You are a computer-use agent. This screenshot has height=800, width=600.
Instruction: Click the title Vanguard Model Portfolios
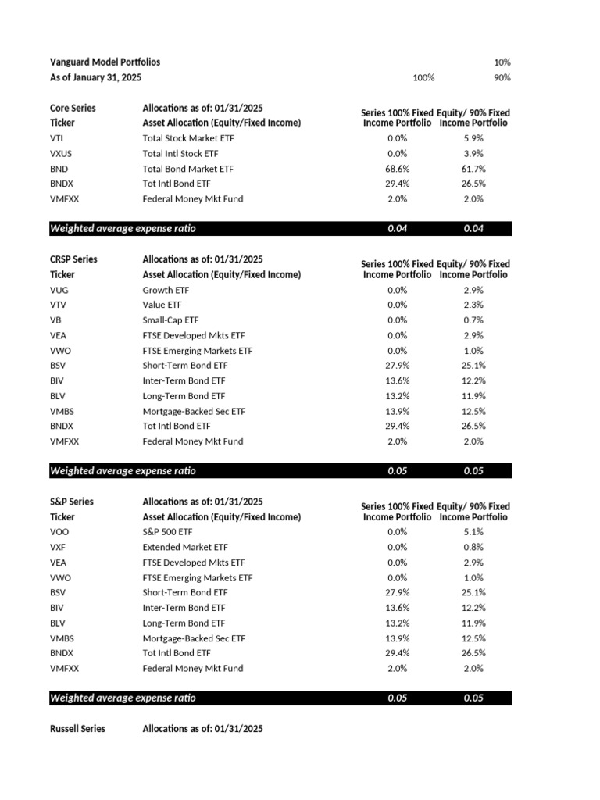105,62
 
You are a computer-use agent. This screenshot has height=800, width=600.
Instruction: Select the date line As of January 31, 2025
96,77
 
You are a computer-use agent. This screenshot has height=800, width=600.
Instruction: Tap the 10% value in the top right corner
502,62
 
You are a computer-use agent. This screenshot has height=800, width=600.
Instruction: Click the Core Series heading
73,108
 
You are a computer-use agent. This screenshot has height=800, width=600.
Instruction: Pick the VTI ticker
57,138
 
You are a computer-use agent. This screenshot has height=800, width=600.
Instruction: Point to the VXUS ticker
61,153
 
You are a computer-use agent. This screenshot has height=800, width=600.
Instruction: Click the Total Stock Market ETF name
187,138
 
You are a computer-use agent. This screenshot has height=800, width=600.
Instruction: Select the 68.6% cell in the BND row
398,169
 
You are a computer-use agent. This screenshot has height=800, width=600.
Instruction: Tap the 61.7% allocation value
473,169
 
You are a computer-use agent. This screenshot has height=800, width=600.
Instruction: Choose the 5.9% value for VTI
473,138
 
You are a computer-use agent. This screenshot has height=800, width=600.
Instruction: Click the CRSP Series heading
73,259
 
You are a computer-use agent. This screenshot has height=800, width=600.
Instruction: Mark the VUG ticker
59,290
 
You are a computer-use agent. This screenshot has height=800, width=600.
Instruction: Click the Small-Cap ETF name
170,320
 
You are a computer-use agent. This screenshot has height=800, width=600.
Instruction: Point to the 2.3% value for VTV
473,305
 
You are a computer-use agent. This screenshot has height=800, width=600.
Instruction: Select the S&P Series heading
71,502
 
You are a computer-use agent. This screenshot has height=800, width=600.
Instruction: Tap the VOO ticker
59,532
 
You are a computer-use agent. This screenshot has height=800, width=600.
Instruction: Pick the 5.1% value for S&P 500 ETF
473,532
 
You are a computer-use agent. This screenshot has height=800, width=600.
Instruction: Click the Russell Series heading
77,729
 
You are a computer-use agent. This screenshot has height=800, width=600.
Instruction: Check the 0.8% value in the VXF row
473,548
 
